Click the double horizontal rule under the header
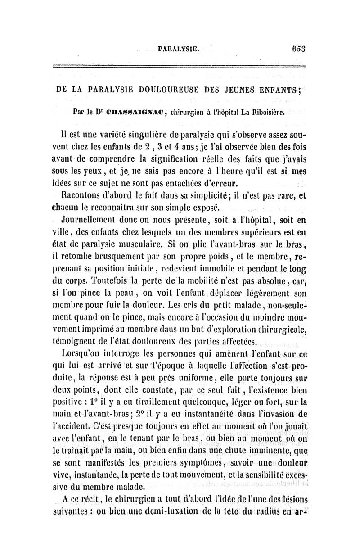[180, 67]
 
